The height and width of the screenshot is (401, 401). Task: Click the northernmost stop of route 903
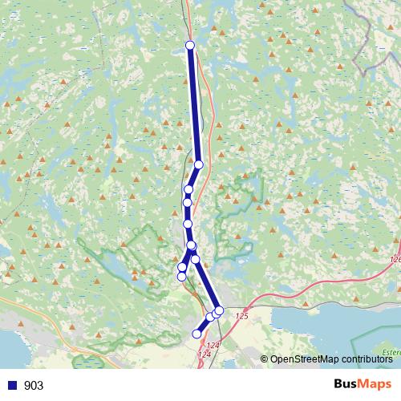[190, 46]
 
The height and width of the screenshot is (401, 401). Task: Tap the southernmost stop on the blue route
[197, 334]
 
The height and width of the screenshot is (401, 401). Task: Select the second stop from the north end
[199, 164]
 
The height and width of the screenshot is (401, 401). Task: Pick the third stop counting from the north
[188, 190]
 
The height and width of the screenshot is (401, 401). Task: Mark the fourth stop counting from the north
[187, 203]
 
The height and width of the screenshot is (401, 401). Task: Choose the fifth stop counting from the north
[188, 224]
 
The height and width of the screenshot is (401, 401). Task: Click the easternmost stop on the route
[219, 310]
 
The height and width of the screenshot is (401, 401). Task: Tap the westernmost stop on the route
[181, 276]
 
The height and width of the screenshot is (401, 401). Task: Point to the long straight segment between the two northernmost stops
[194, 104]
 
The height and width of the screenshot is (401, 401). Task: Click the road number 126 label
[394, 259]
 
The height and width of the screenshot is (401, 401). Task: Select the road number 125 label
[242, 318]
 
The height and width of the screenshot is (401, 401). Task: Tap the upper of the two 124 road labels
[212, 345]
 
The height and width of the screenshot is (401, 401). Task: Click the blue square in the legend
[11, 386]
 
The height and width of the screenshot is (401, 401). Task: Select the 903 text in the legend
[34, 386]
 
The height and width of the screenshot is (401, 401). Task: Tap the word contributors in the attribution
[367, 359]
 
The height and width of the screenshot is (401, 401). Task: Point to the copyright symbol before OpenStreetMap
[265, 359]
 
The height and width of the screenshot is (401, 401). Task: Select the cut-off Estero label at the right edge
[391, 351]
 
